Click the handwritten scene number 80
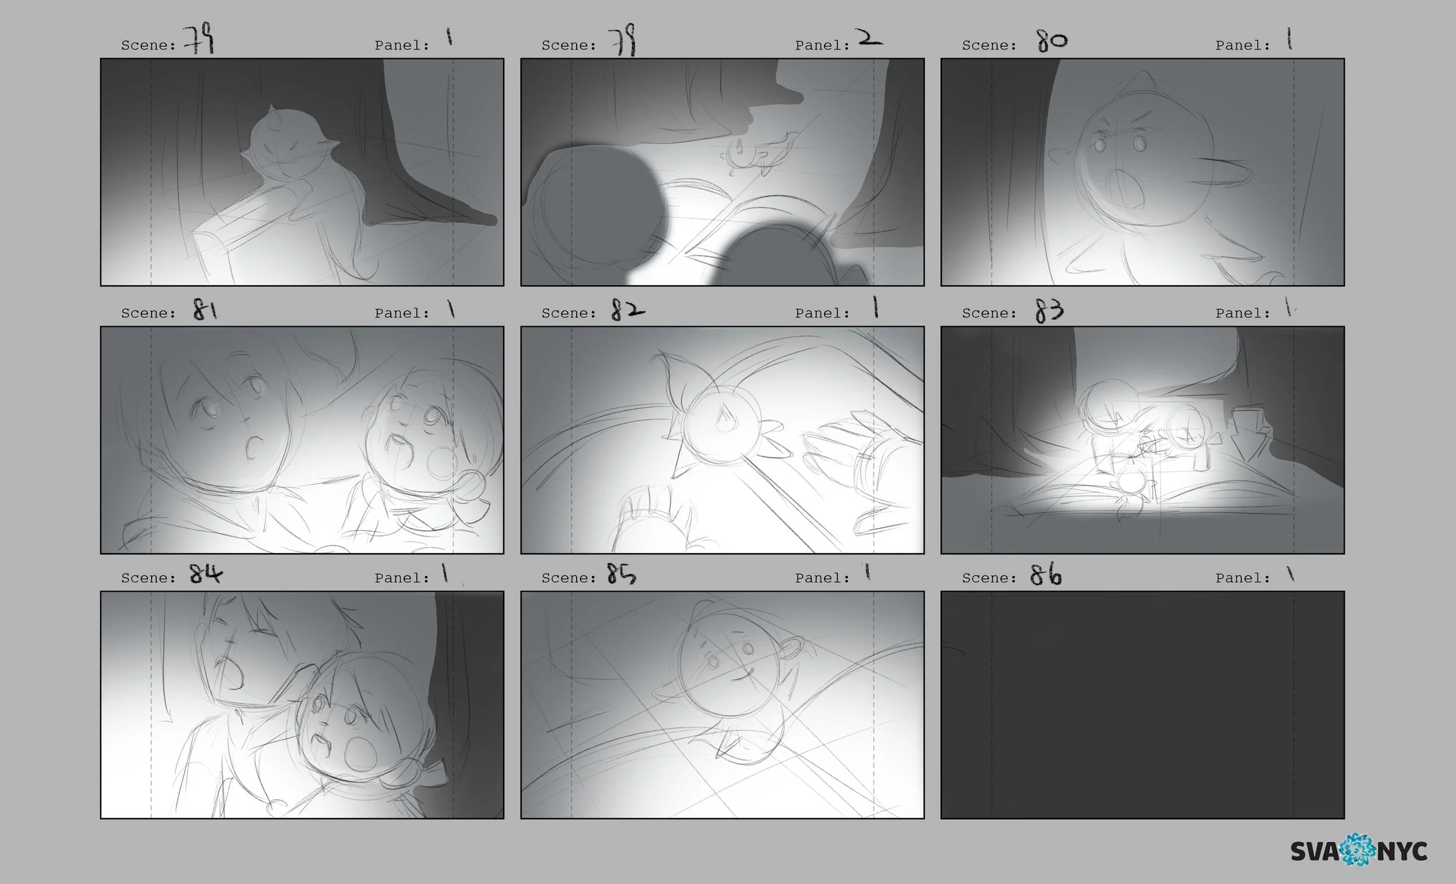(1052, 40)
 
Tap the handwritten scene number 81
(205, 309)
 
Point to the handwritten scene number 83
(1049, 310)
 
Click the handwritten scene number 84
(206, 573)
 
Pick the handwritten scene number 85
(621, 573)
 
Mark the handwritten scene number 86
(1045, 574)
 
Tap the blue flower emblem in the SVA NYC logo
(1358, 850)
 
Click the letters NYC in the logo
(1402, 851)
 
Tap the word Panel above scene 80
(1243, 45)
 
